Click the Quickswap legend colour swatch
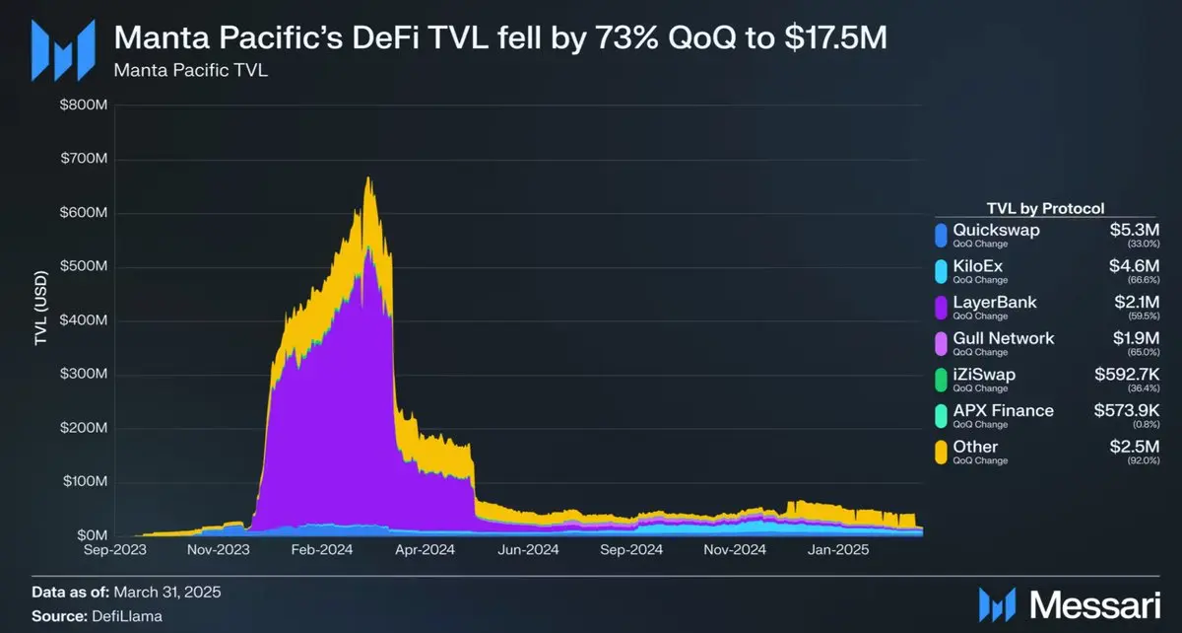[x=942, y=235]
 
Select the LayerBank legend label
[x=994, y=302]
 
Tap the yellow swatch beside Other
[x=942, y=452]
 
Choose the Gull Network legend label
[x=1003, y=338]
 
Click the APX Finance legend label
[x=1002, y=410]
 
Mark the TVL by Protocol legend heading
[x=1045, y=208]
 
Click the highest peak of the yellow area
[x=368, y=178]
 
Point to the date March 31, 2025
[x=167, y=593]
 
